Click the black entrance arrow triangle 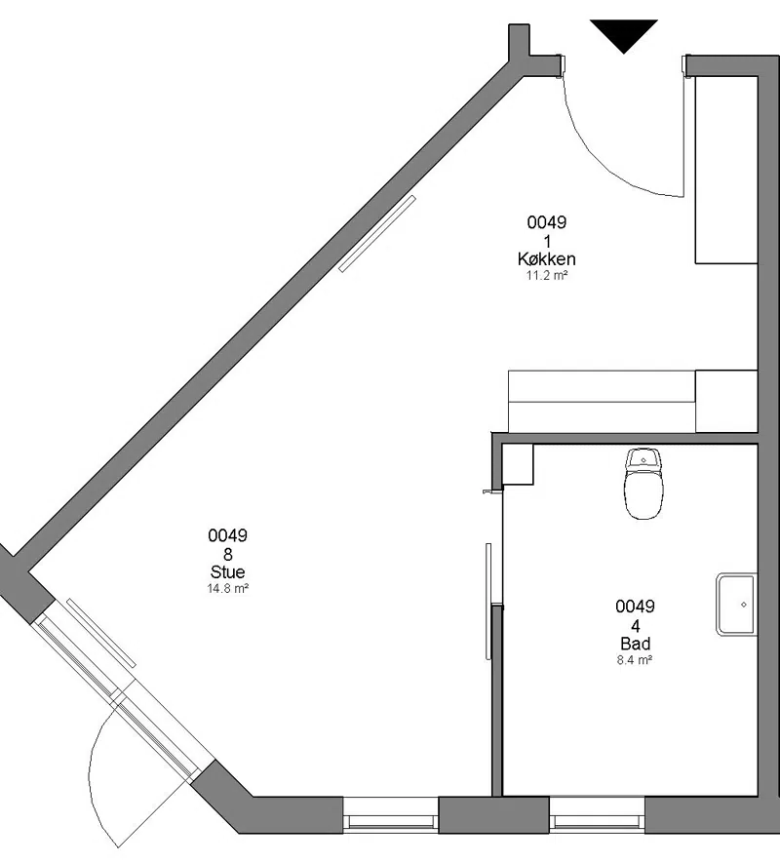coord(624,34)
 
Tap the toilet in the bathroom coord(643,484)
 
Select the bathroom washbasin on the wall coord(736,604)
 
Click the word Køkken coord(546,258)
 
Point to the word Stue coord(227,571)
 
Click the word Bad coord(635,643)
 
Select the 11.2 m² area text coord(546,275)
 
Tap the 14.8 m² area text coord(227,588)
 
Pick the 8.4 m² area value coord(635,659)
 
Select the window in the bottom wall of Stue coord(391,813)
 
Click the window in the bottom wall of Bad coord(597,813)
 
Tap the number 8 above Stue coord(227,554)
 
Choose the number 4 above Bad coord(635,625)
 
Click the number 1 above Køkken coord(547,241)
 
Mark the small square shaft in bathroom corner coord(518,464)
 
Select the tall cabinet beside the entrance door coord(726,170)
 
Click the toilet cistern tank coord(643,458)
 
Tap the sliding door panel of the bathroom coord(488,601)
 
